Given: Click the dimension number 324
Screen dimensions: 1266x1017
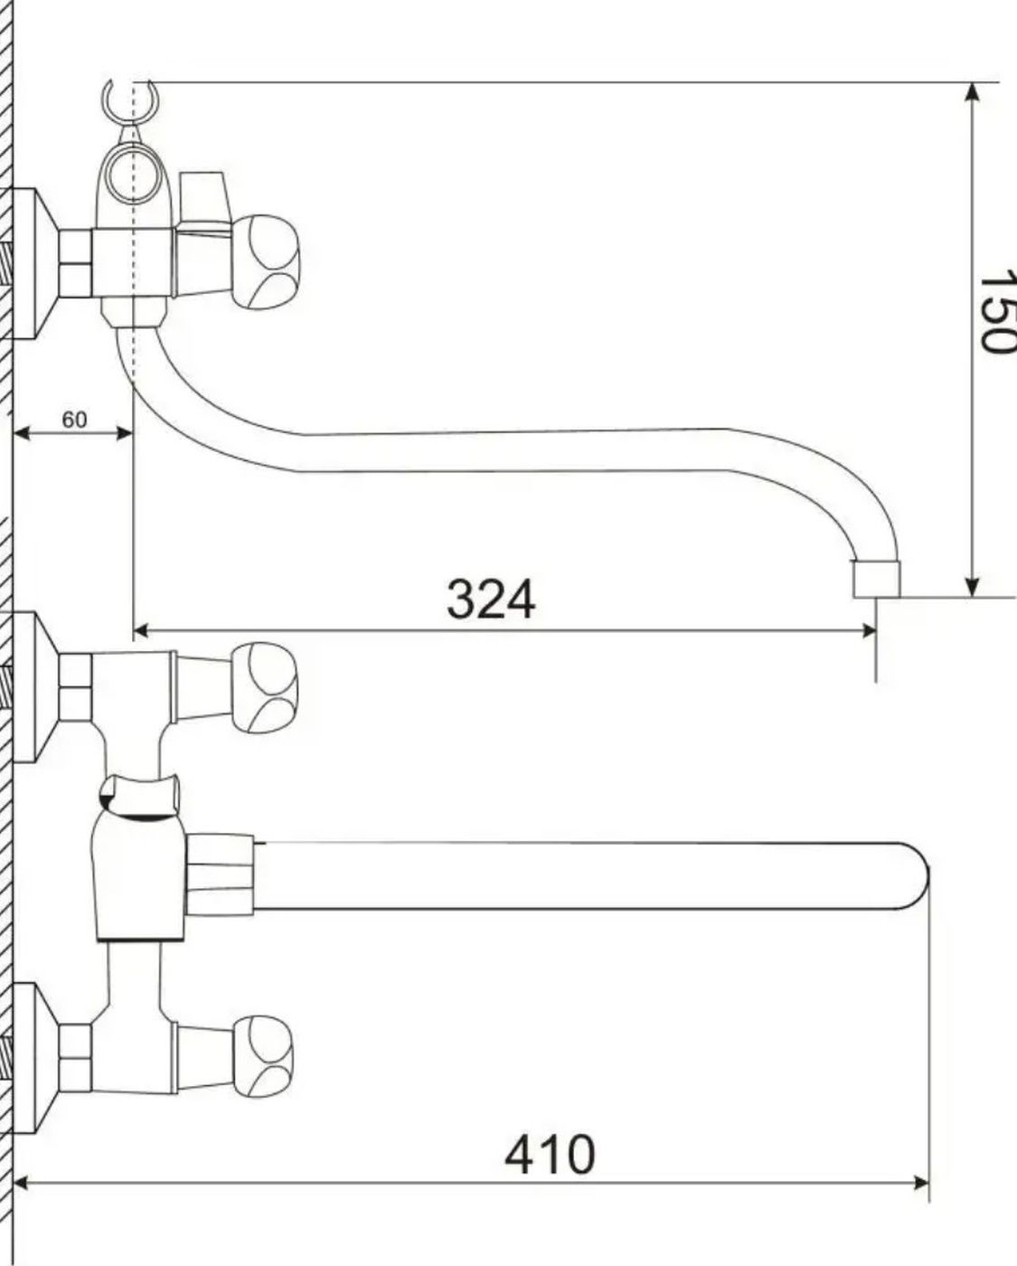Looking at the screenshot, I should click(491, 599).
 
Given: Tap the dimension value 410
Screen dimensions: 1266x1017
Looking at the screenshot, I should click(550, 1155).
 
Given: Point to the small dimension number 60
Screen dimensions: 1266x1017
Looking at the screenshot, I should click(74, 420).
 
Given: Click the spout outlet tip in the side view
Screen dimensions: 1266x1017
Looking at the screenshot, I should click(877, 579).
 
